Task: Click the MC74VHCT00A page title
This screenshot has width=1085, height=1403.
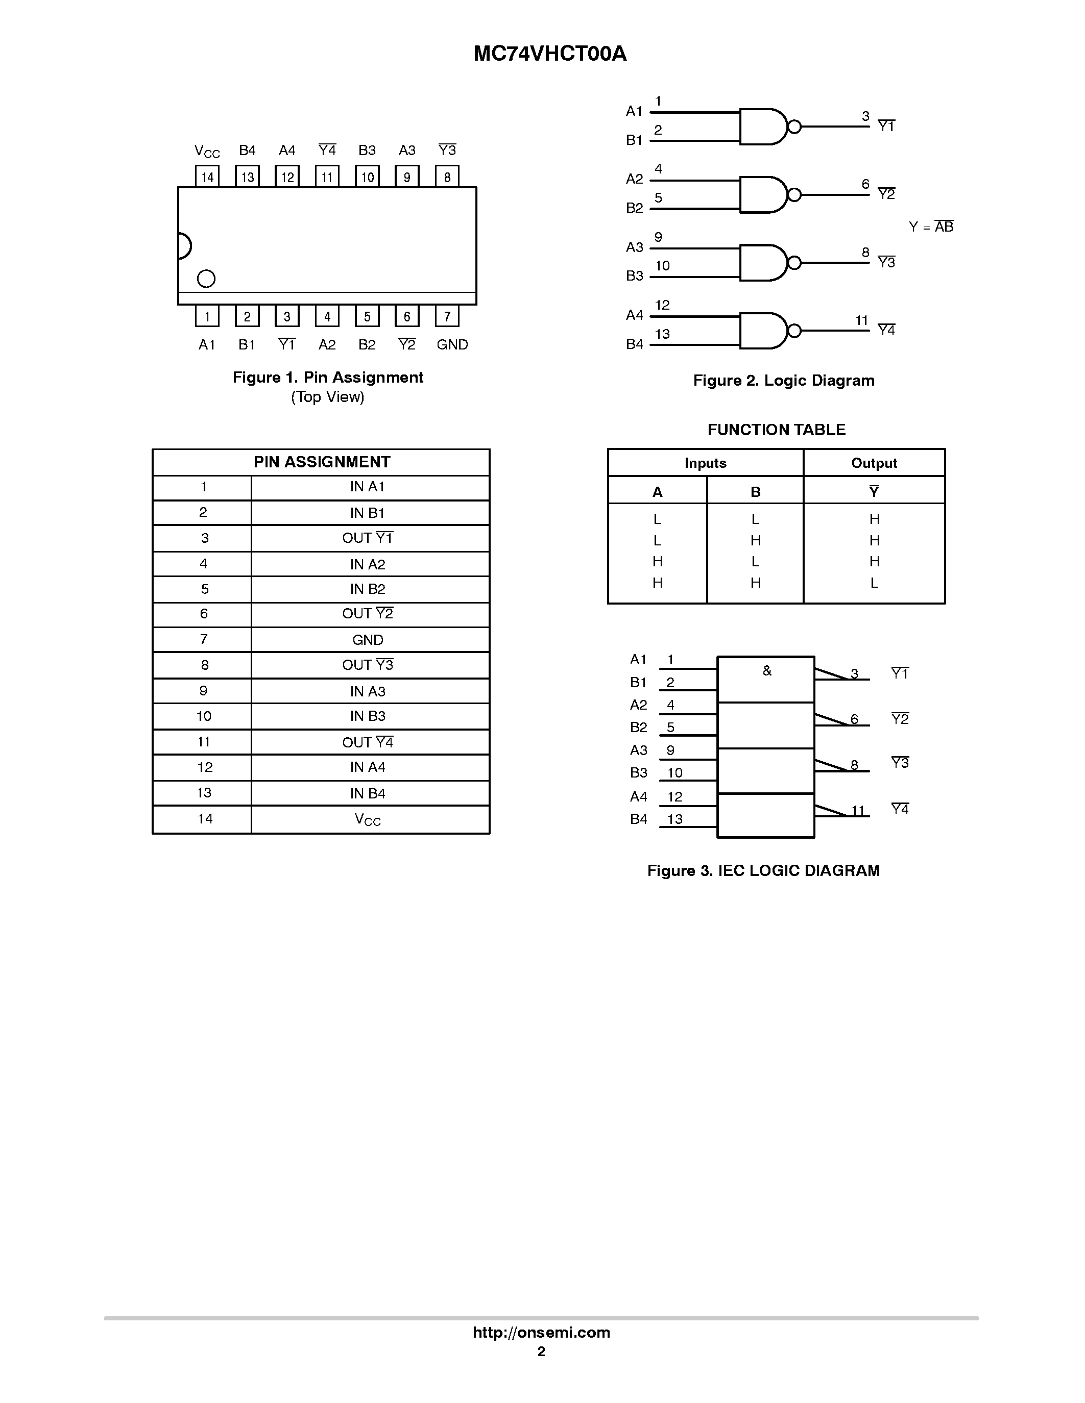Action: point(549,54)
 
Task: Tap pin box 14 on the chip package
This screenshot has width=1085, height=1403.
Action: point(207,177)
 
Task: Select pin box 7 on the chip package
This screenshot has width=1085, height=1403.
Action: point(447,316)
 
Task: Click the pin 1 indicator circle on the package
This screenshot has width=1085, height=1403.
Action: point(206,278)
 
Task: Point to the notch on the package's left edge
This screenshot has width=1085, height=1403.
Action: point(184,246)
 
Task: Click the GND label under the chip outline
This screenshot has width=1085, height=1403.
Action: point(452,345)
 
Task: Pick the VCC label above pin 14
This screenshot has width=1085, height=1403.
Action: point(207,152)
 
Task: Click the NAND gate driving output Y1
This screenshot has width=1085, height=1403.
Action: point(763,127)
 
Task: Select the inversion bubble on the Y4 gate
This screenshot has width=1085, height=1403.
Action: point(794,331)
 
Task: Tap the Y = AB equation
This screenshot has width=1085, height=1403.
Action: point(931,227)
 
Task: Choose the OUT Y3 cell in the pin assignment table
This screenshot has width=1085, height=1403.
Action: point(368,665)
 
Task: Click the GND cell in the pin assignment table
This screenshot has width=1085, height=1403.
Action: point(368,640)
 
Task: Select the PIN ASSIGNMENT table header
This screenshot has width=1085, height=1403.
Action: point(321,462)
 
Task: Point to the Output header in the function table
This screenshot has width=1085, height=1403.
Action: point(874,463)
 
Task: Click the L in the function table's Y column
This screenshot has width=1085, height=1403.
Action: point(874,583)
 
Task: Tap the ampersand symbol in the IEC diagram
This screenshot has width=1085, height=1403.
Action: point(767,671)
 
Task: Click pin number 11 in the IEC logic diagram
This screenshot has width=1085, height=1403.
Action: point(858,811)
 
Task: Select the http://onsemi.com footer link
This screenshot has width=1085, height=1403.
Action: point(541,1332)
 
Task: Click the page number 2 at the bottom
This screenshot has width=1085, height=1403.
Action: point(541,1351)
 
